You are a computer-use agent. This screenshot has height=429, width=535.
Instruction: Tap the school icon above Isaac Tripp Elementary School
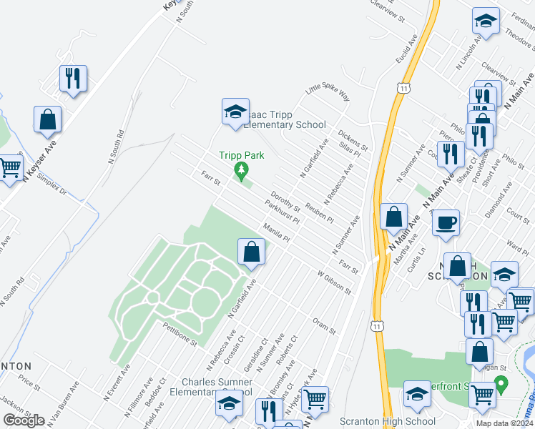pyautogui.click(x=235, y=112)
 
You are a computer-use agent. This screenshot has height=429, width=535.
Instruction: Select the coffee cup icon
pyautogui.click(x=446, y=222)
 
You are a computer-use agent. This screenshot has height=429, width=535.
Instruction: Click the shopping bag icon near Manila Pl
pyautogui.click(x=251, y=252)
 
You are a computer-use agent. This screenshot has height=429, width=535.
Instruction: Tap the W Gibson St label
pyautogui.click(x=335, y=282)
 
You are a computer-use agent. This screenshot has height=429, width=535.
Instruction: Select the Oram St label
pyautogui.click(x=323, y=325)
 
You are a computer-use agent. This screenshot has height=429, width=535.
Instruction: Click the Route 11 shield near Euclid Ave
pyautogui.click(x=404, y=87)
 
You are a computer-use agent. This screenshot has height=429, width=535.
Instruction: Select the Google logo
pyautogui.click(x=24, y=420)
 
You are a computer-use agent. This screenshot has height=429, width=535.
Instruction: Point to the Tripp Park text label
pyautogui.click(x=242, y=155)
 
